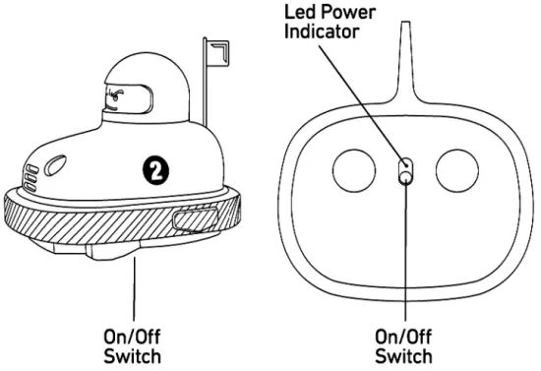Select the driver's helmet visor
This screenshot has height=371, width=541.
tap(123, 97)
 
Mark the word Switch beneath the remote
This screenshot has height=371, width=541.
tap(404, 355)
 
